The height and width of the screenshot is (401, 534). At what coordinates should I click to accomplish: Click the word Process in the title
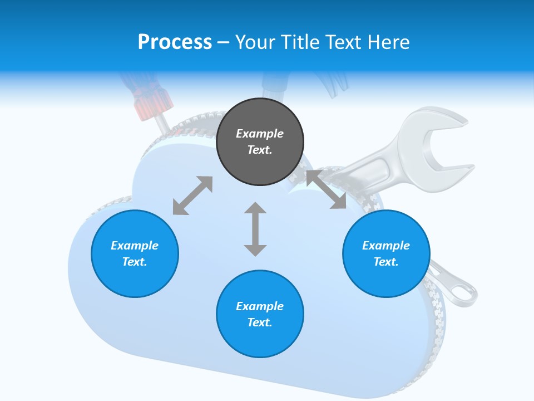coord(175,42)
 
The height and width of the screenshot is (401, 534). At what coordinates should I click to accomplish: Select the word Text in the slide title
coord(342,42)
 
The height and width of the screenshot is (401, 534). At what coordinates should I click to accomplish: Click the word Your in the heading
coord(255,42)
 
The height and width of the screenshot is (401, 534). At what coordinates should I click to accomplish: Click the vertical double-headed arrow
coord(255,229)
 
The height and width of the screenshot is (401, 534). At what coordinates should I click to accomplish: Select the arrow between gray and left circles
coord(192,195)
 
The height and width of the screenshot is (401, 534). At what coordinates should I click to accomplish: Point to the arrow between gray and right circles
coord(326,190)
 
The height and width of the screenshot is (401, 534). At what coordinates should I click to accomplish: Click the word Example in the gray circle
coord(260,134)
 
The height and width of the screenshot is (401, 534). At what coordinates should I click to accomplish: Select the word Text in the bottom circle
coord(260,322)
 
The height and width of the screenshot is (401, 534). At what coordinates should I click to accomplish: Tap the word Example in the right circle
coord(386,246)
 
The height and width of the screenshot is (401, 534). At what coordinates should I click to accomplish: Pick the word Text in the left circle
coord(135,262)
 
